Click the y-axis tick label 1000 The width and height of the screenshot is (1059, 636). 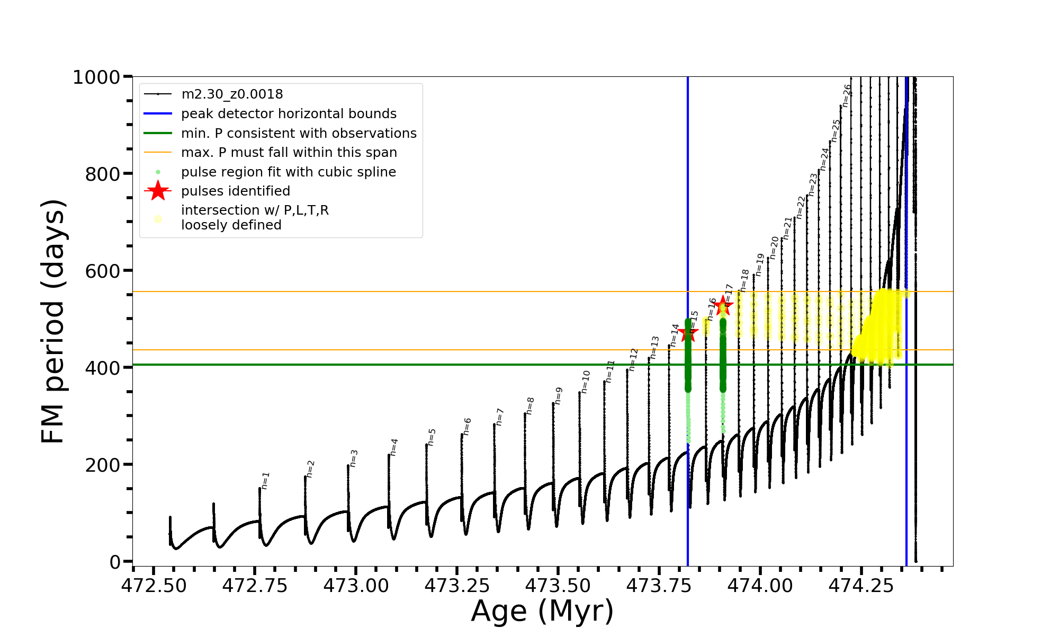[96, 77]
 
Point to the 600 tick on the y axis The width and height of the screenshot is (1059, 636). [103, 271]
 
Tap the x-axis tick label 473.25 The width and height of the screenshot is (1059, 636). [457, 586]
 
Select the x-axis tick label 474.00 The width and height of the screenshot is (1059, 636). [760, 586]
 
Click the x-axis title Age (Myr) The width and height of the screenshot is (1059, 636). [542, 611]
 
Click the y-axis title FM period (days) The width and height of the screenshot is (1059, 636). [53, 321]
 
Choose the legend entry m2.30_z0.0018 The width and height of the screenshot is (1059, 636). [232, 94]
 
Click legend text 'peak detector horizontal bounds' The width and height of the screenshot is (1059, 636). [289, 114]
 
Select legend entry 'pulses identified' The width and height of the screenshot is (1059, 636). [236, 191]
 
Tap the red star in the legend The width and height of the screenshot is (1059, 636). [158, 191]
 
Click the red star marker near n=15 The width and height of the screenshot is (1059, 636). [688, 333]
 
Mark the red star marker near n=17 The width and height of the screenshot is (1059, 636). [723, 306]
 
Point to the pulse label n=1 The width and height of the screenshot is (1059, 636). [265, 480]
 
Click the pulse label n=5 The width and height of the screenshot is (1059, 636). [432, 437]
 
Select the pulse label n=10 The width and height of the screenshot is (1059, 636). [585, 382]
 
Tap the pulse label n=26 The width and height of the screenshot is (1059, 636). [847, 95]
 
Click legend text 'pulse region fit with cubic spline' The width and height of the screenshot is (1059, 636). [289, 172]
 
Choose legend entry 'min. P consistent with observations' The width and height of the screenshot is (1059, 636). [299, 134]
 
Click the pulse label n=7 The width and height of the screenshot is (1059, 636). [499, 417]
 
